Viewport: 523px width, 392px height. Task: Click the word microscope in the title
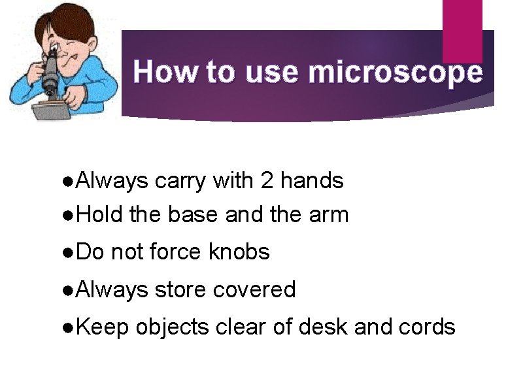[x=396, y=73]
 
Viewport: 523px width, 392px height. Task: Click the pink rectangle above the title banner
[x=462, y=29]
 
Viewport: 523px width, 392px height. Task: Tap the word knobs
[x=239, y=252]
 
